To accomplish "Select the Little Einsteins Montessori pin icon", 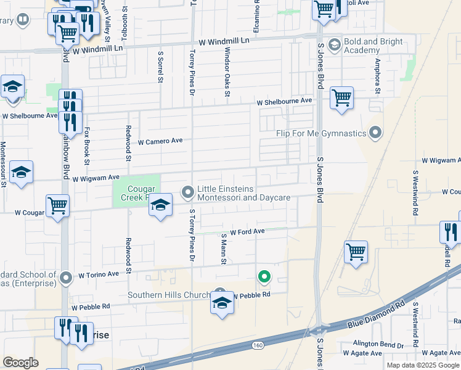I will [187, 193].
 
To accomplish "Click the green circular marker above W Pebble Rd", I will [264, 277].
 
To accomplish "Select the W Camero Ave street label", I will [160, 141].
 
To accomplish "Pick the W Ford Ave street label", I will [247, 232].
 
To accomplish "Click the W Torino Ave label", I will [98, 274].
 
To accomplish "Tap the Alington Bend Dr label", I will [377, 343].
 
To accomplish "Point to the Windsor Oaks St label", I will [227, 72].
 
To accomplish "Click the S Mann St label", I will [224, 249].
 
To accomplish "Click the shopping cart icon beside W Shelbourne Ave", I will [341, 98].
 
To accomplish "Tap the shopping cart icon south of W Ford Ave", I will [356, 252].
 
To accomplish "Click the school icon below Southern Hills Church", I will [222, 303].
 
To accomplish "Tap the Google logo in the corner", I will [20, 363].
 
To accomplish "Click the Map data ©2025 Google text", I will [423, 365].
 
